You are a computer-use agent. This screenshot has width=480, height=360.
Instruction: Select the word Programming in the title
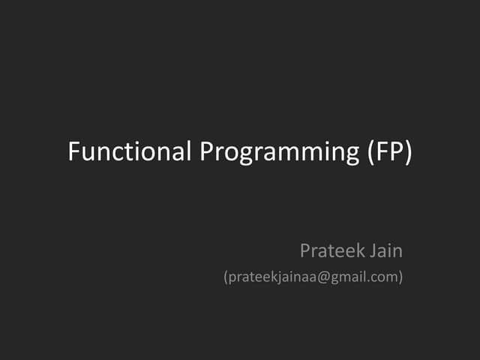pyautogui.click(x=280, y=153)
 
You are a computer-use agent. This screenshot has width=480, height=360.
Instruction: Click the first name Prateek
pyautogui.click(x=332, y=250)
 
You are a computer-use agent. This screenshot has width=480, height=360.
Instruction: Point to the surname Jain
pyautogui.click(x=387, y=250)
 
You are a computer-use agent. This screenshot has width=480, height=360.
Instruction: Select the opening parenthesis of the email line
pyautogui.click(x=226, y=277)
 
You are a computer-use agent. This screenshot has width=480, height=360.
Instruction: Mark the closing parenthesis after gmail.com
pyautogui.click(x=400, y=277)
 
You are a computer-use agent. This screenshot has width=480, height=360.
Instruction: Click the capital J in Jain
pyautogui.click(x=373, y=250)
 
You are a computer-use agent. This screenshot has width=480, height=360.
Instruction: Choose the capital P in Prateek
pyautogui.click(x=305, y=250)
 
